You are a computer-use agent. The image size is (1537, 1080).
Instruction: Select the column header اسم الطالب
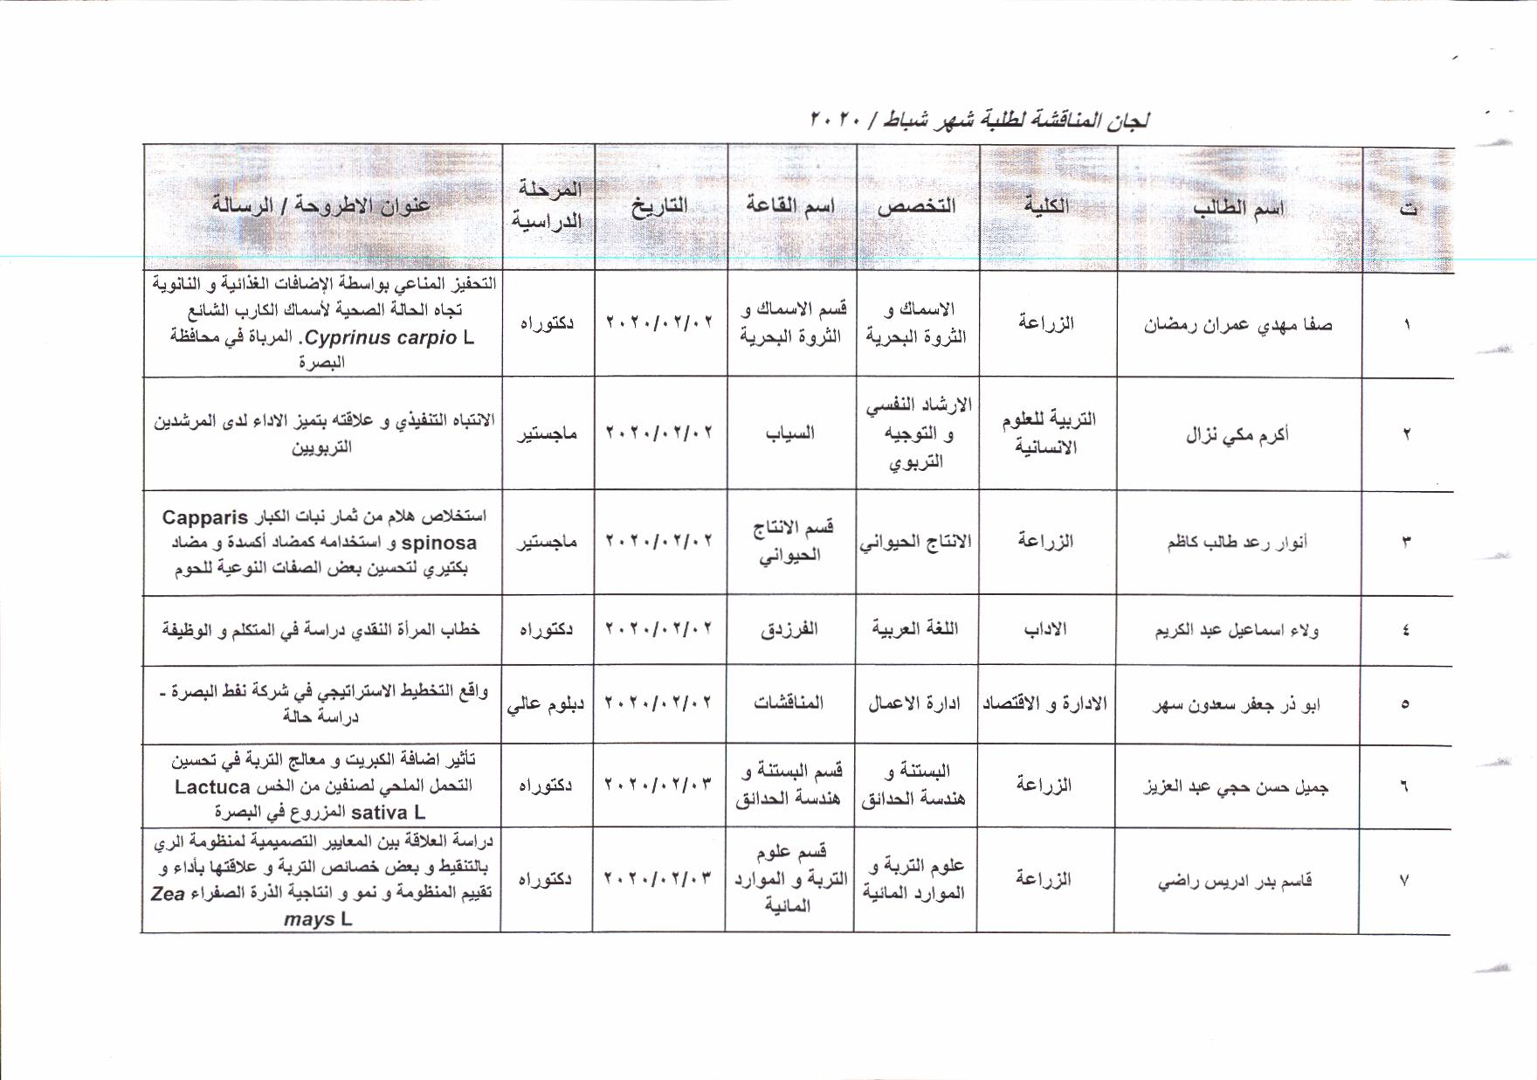(x=1238, y=208)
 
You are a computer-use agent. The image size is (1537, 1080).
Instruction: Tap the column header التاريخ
(x=659, y=206)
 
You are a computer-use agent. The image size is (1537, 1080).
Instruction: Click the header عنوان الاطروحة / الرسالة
(x=321, y=205)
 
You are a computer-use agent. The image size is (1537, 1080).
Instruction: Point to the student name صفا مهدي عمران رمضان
(x=1237, y=325)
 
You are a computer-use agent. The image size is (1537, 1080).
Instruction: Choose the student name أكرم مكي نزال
(x=1237, y=434)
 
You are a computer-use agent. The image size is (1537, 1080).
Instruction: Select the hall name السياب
(x=790, y=433)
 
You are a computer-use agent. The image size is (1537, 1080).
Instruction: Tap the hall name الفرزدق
(x=789, y=629)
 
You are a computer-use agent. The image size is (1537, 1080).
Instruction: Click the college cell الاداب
(x=1045, y=629)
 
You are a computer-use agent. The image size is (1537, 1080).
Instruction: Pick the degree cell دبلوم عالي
(x=546, y=703)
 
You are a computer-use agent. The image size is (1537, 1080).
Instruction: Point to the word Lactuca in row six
(x=212, y=786)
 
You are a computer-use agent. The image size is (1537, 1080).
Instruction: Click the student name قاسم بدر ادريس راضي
(x=1235, y=881)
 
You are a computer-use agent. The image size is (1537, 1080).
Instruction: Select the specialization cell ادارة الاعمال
(x=914, y=703)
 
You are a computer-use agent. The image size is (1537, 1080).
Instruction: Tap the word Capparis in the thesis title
(x=205, y=517)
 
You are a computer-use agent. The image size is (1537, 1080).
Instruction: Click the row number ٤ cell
(x=1405, y=630)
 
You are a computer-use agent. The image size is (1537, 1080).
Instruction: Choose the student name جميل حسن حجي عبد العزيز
(x=1236, y=786)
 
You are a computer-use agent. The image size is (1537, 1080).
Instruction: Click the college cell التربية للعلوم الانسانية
(x=1048, y=433)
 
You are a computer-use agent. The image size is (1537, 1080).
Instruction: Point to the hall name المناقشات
(x=789, y=703)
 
